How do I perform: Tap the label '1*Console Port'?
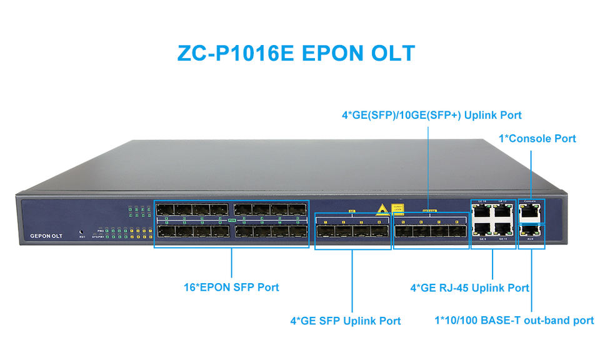click(x=537, y=139)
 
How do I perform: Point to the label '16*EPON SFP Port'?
click(x=231, y=287)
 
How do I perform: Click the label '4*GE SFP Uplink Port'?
click(x=345, y=321)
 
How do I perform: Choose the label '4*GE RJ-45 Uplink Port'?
click(x=469, y=288)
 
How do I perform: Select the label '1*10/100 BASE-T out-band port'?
click(x=514, y=321)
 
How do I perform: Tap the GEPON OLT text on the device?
click(x=46, y=236)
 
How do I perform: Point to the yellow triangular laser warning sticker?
click(x=380, y=209)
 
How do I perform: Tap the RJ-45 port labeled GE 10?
click(x=482, y=212)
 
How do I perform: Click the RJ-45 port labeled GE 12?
click(x=502, y=212)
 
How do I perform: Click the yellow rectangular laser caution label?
click(x=397, y=209)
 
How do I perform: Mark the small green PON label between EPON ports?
click(x=231, y=221)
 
